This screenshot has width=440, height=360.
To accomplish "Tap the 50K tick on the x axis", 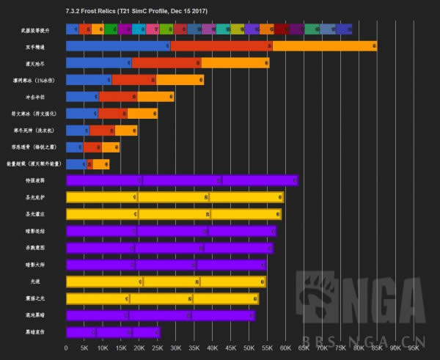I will pos(249,348).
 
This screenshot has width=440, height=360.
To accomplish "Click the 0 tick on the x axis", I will pos(66,348).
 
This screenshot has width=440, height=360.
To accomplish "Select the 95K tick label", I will pos(414,348).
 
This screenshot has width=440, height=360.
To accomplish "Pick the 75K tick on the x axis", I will pos(340,348).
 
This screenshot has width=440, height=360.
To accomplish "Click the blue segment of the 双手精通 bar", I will pos(117,46).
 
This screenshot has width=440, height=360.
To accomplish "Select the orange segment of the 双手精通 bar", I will pos(323,46).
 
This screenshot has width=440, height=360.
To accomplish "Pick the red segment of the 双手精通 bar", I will pos(220,46).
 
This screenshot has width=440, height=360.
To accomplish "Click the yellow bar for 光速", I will pos(166,282).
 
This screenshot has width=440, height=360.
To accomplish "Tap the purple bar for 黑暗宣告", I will pos(113,331).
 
